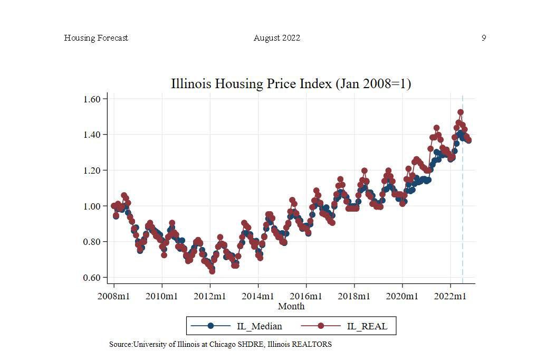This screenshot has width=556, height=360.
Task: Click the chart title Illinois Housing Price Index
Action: point(291,83)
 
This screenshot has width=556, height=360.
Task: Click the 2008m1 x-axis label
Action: point(113,296)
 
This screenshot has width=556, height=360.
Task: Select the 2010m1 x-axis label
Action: point(161,296)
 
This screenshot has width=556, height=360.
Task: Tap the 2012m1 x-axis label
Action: point(209,296)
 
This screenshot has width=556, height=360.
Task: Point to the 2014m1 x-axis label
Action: point(258,296)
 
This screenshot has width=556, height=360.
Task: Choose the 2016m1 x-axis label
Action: point(306,296)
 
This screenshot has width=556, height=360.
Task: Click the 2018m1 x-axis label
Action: point(354,296)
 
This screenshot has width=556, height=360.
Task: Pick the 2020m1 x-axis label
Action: point(402,296)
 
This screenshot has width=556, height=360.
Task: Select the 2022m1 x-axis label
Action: point(450,296)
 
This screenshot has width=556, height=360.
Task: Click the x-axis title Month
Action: point(291,306)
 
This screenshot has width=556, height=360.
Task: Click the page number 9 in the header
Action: point(484,38)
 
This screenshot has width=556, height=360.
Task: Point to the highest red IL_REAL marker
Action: point(461,112)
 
